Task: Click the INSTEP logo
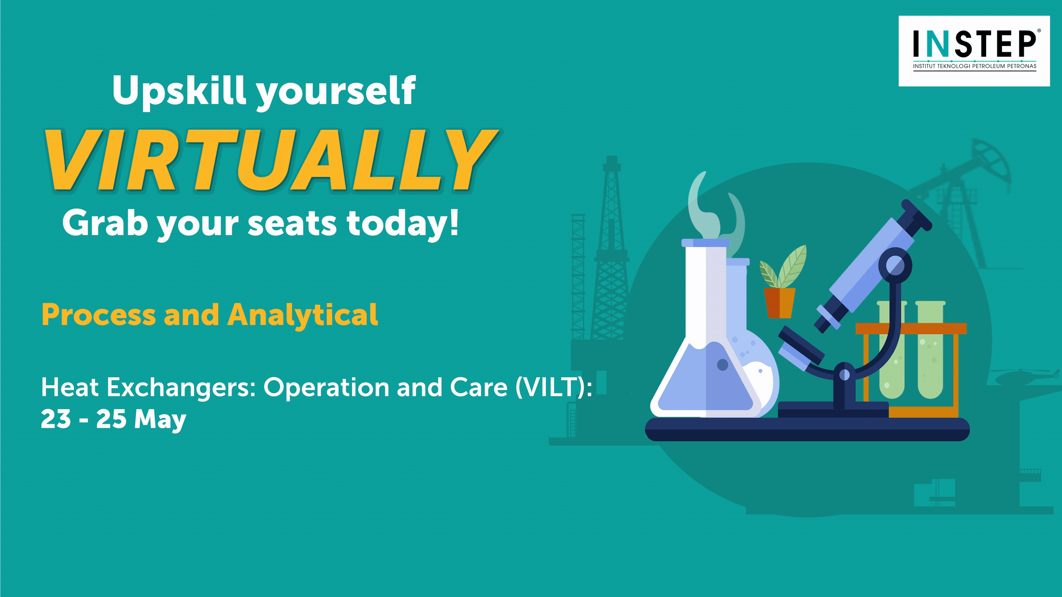tap(974, 51)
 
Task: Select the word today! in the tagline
tap(403, 224)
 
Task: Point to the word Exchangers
tap(181, 388)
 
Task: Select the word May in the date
tap(160, 420)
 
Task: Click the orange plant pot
tap(779, 303)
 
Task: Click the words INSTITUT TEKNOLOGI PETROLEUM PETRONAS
tap(974, 66)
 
